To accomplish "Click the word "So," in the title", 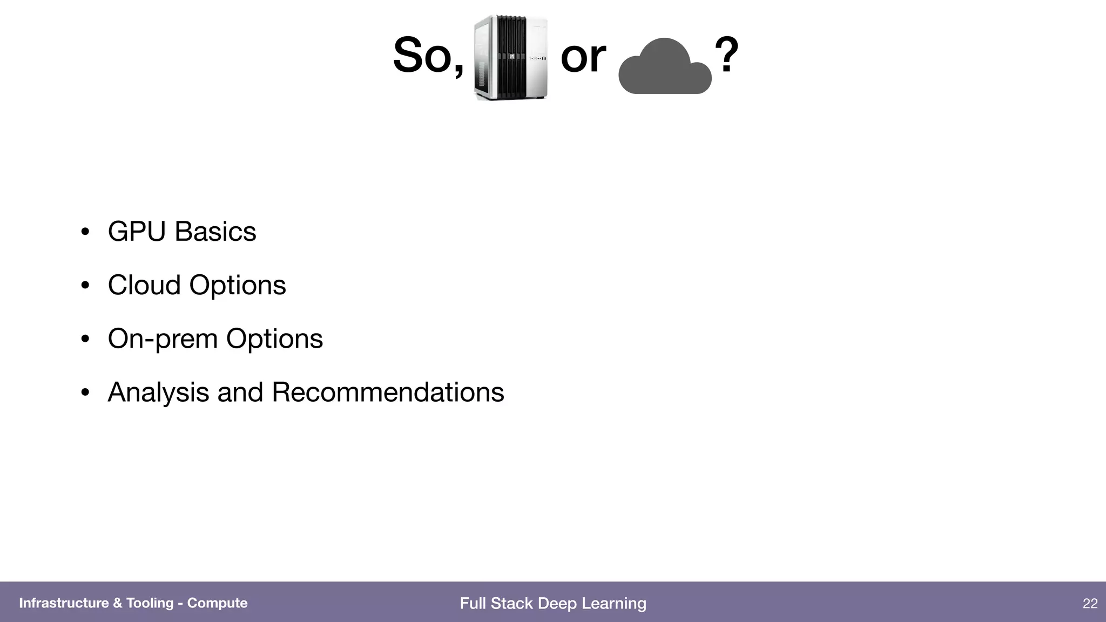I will [428, 56].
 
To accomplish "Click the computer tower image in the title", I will [511, 58].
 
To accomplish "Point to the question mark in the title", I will [726, 55].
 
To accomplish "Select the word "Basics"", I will [215, 232].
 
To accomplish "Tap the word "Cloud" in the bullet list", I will [144, 285].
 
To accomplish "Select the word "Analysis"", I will [158, 393].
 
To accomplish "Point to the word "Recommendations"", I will [388, 393].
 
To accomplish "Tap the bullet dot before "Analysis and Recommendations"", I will [85, 393].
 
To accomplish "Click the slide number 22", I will [1090, 604].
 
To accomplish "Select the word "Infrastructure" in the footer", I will [64, 603].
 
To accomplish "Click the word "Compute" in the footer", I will [217, 603].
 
